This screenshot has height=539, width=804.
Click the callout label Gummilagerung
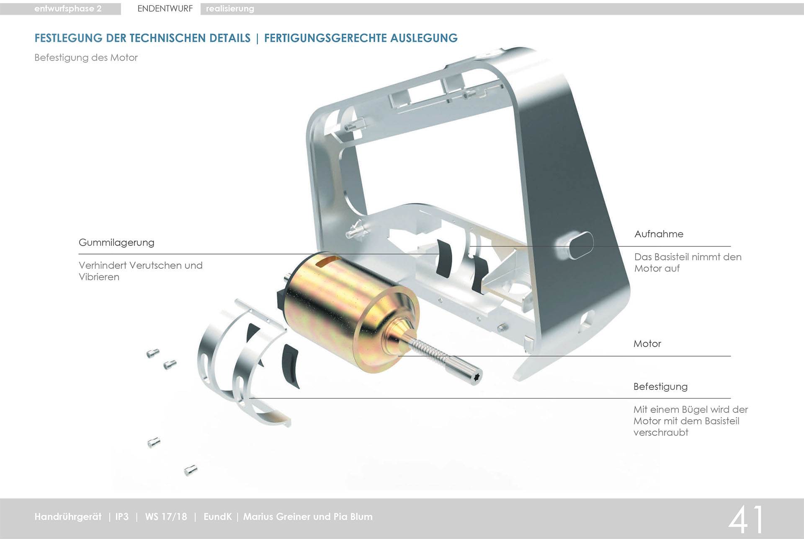click(x=116, y=243)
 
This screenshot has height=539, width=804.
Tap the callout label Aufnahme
click(x=659, y=234)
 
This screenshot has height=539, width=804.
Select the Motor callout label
click(x=647, y=344)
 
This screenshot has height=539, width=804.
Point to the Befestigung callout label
click(x=660, y=386)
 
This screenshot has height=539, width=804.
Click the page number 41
click(x=747, y=519)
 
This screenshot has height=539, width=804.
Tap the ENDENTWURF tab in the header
click(x=165, y=9)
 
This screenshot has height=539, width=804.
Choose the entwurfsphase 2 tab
click(x=68, y=9)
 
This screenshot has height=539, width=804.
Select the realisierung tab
click(x=230, y=9)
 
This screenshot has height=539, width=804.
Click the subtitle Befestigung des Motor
click(x=86, y=58)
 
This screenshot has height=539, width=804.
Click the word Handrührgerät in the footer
click(x=68, y=517)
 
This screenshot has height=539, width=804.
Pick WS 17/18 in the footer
click(x=166, y=517)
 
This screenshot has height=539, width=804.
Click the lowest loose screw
click(x=191, y=470)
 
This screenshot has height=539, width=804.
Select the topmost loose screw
click(x=152, y=353)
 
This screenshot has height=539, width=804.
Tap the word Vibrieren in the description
click(x=99, y=277)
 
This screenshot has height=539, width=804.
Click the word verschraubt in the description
click(x=661, y=433)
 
